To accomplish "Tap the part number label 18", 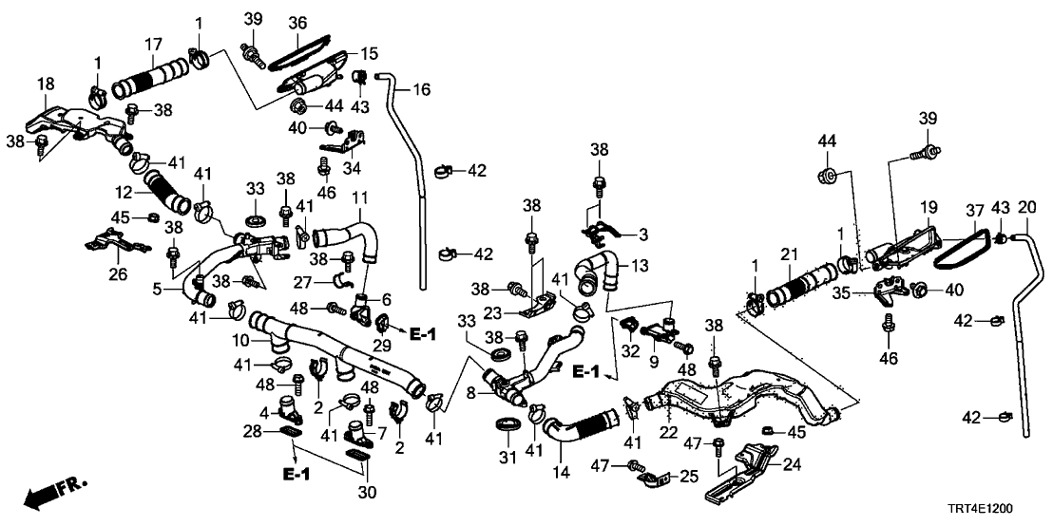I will (x=46, y=85).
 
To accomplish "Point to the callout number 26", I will (x=117, y=276).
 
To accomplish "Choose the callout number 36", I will (x=297, y=22).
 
